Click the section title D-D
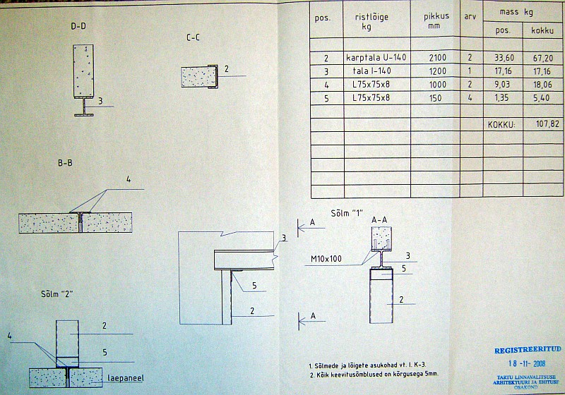[79, 26]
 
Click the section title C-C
[193, 38]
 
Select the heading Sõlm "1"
[343, 213]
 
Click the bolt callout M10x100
[326, 259]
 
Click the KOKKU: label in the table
[501, 124]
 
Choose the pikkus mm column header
[436, 20]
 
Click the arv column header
[469, 16]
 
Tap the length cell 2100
[436, 58]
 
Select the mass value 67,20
[543, 58]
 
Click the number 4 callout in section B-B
[129, 180]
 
